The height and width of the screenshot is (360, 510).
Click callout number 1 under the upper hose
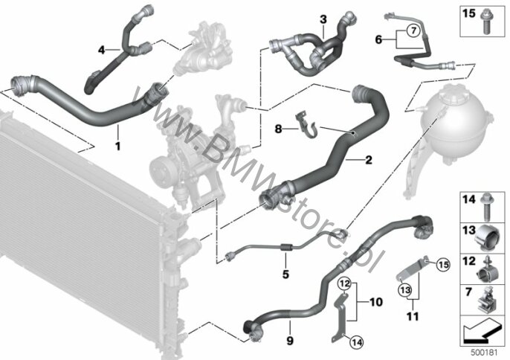[117, 146]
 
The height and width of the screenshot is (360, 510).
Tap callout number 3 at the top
[323, 17]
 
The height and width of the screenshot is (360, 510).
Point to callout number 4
[102, 50]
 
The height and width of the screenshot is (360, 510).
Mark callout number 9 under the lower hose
[290, 340]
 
